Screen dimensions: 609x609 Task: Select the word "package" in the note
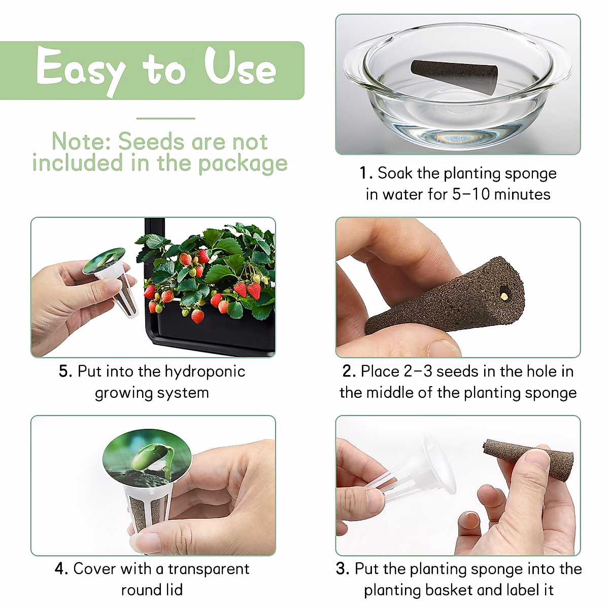(x=243, y=164)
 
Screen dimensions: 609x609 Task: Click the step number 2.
(x=349, y=371)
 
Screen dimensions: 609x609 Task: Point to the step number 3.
(x=343, y=569)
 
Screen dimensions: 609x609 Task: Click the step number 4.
(x=61, y=569)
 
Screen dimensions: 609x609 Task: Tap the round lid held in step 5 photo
(x=105, y=259)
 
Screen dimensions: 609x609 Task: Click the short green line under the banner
(x=165, y=118)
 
